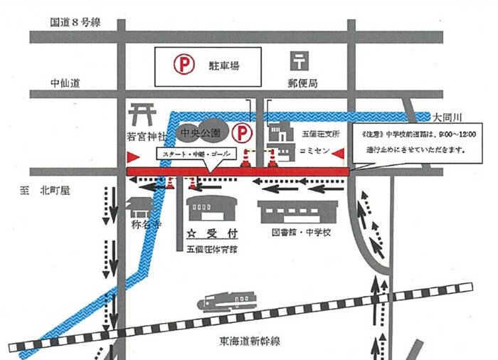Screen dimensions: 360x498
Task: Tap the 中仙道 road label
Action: click(65, 83)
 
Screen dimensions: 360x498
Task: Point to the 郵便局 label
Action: click(303, 83)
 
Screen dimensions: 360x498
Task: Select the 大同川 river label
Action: click(449, 116)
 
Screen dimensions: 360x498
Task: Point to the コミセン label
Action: click(314, 152)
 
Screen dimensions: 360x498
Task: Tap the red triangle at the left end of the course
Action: click(132, 156)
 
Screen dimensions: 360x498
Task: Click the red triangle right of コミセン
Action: click(339, 153)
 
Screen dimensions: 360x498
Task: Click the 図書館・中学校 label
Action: click(303, 233)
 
